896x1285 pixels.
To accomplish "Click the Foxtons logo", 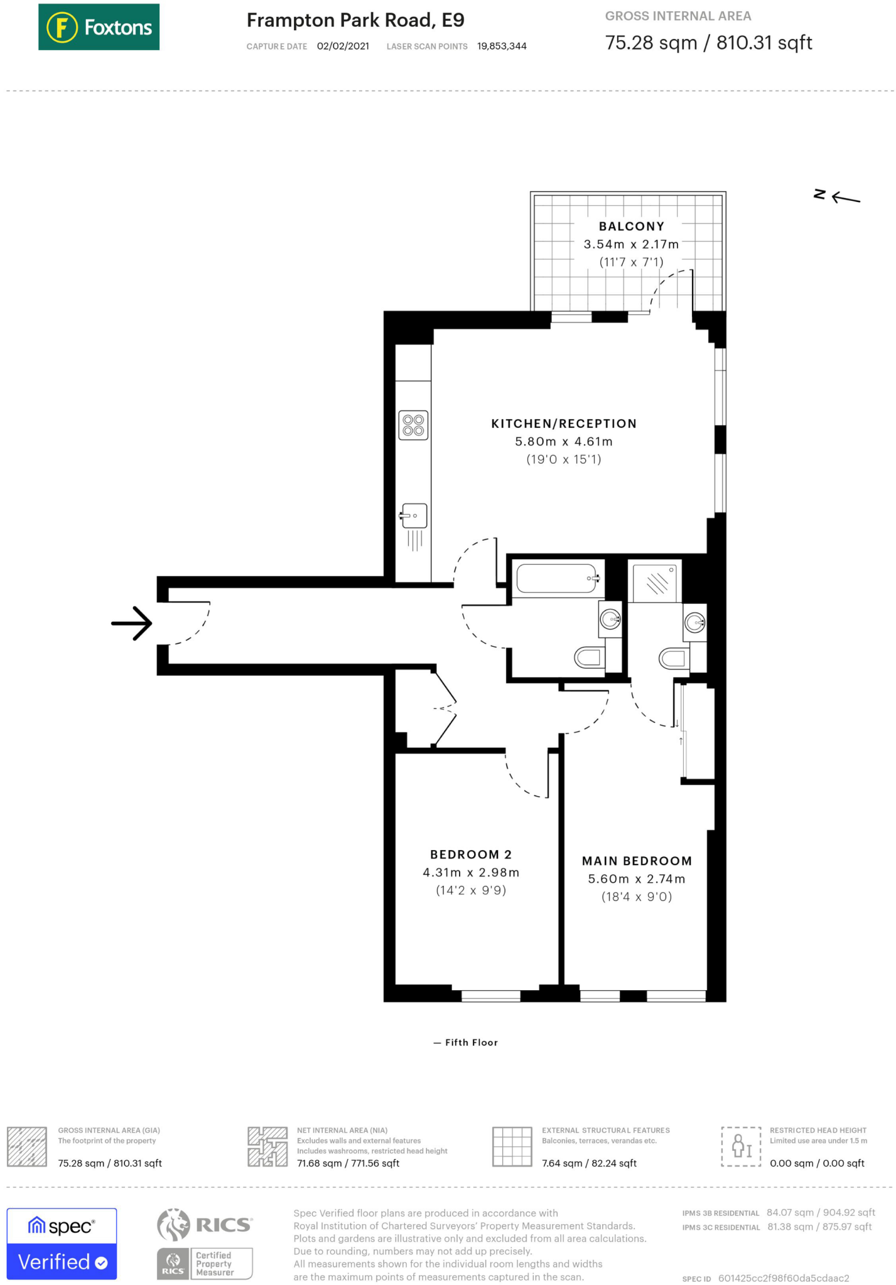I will pyautogui.click(x=99, y=27).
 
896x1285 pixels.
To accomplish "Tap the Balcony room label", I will pyautogui.click(x=631, y=227).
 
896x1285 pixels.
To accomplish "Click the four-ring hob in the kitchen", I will pyautogui.click(x=413, y=425).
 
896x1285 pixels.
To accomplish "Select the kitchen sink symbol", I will pyautogui.click(x=414, y=516).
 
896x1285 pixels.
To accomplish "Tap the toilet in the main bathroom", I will pyautogui.click(x=590, y=658).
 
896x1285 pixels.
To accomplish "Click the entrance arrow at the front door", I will pyautogui.click(x=132, y=623).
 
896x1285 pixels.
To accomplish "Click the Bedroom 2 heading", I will pyautogui.click(x=471, y=855).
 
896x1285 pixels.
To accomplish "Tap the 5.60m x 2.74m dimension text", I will pyautogui.click(x=636, y=879).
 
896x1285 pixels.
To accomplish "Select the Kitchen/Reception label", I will pyautogui.click(x=564, y=424).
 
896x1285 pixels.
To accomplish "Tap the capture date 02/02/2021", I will pyautogui.click(x=343, y=46).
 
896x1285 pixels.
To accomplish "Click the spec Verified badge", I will pyautogui.click(x=62, y=1243).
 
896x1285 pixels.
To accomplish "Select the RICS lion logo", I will pyautogui.click(x=174, y=1224).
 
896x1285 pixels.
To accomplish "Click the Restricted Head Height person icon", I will pyautogui.click(x=741, y=1146).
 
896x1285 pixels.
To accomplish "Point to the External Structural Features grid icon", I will pyautogui.click(x=512, y=1146).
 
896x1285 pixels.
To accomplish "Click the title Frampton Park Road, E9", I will pyautogui.click(x=355, y=20).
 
